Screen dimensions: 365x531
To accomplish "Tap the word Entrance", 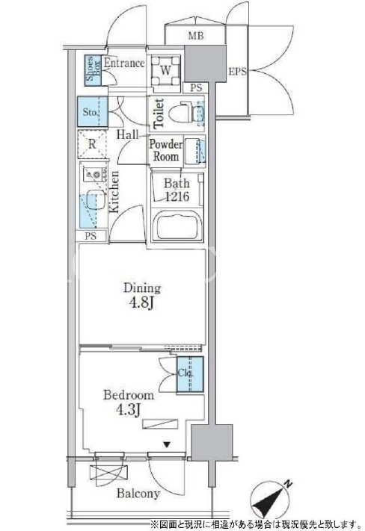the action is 124,63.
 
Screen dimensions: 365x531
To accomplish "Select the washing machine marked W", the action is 165,71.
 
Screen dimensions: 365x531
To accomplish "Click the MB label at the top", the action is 196,35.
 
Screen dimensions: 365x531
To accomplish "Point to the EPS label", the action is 237,72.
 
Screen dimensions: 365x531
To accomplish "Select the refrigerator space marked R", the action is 92,144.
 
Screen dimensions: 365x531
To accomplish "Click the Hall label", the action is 128,134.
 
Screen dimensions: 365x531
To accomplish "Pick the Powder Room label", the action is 166,150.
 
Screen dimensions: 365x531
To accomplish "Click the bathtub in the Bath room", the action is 177,226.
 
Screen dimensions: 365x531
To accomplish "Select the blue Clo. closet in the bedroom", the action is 190,374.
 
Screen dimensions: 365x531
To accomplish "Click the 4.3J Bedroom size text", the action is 129,410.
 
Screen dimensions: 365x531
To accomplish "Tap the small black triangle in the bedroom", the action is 167,444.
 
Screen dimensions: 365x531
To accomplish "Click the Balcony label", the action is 138,493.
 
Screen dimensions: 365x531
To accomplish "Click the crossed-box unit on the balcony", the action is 109,472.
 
